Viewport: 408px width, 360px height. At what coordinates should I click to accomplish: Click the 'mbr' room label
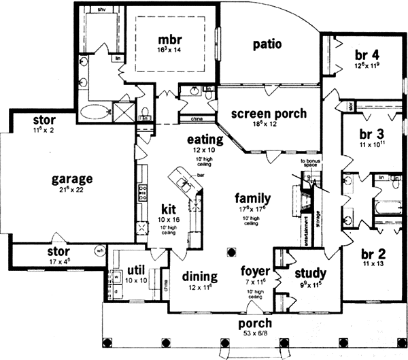tap(169, 38)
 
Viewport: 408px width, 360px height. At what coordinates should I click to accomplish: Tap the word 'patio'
tap(268, 44)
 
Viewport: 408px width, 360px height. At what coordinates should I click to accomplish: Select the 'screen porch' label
tap(268, 114)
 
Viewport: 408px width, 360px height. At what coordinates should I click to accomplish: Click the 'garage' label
tap(71, 179)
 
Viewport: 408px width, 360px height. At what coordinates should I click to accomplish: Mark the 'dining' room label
tap(199, 277)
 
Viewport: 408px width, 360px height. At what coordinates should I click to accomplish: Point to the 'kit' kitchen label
tap(169, 209)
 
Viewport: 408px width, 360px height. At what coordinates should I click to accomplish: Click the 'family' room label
tap(253, 199)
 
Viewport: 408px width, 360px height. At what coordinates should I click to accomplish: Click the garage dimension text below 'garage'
tap(71, 191)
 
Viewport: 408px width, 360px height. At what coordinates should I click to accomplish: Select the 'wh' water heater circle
tap(99, 250)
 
